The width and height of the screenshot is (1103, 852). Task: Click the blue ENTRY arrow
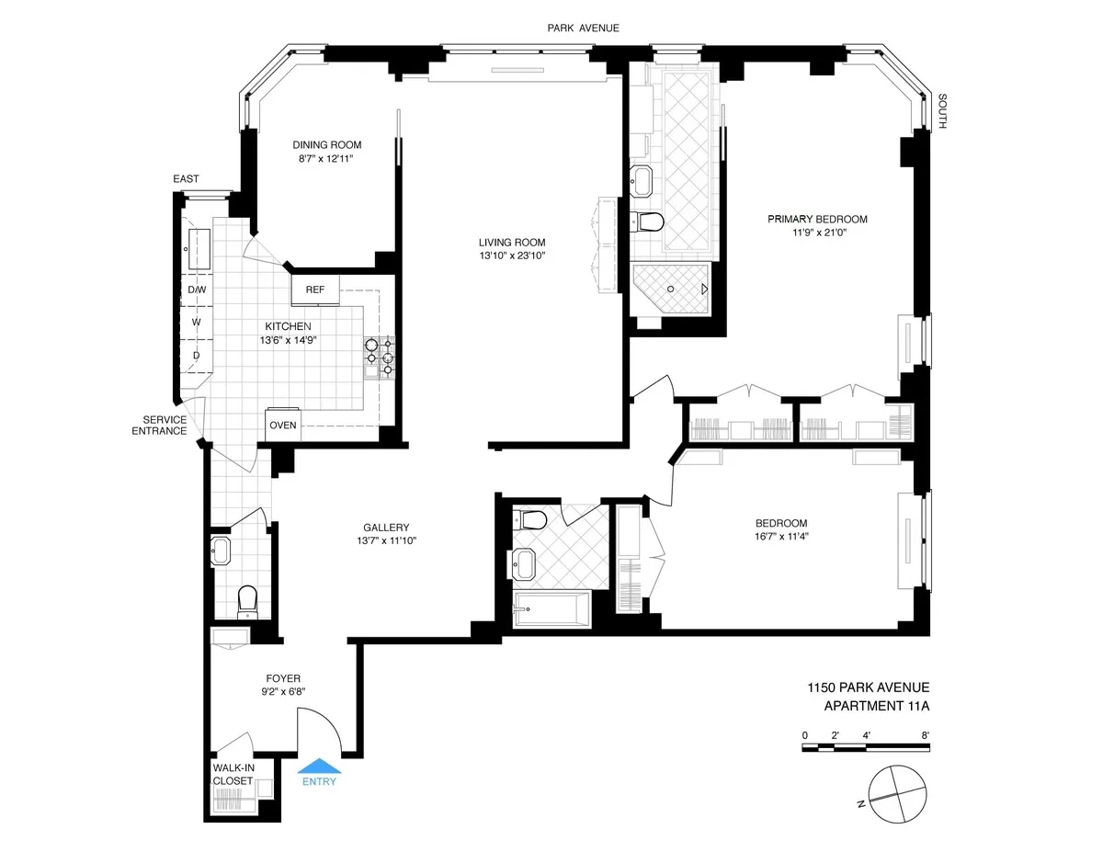click(x=318, y=766)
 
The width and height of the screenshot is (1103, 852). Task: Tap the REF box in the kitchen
click(x=315, y=290)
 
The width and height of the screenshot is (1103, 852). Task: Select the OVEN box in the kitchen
click(x=281, y=425)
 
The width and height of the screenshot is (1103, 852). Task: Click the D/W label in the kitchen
click(x=197, y=290)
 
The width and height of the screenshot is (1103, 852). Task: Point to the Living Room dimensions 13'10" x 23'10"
click(x=512, y=256)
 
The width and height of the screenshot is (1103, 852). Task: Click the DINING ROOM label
click(x=326, y=144)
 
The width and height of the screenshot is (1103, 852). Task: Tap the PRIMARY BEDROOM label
click(x=817, y=219)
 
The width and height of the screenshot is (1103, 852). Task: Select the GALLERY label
click(x=386, y=527)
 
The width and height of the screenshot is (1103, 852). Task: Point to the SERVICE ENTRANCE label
click(x=159, y=425)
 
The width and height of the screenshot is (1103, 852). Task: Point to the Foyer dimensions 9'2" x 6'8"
click(x=282, y=693)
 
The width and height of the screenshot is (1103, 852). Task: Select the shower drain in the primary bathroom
click(x=671, y=289)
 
